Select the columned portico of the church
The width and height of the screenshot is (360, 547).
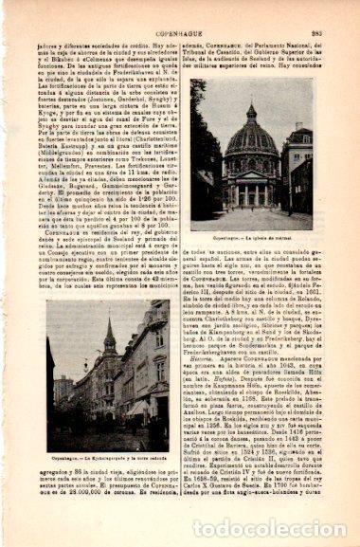click(x=250, y=189)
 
